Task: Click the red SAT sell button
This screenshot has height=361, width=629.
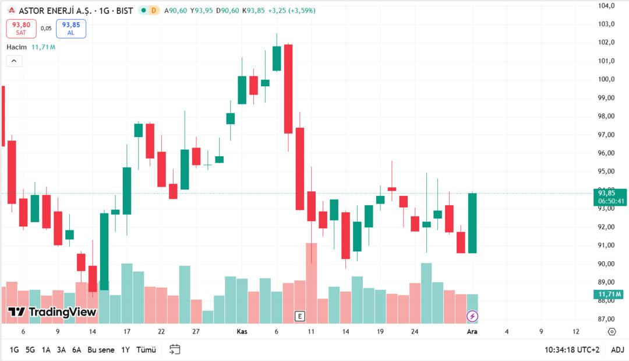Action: pyautogui.click(x=21, y=29)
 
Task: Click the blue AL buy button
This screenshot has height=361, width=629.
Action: pyautogui.click(x=71, y=29)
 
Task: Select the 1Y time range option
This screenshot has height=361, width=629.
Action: pyautogui.click(x=125, y=350)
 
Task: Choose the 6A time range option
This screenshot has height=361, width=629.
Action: pyautogui.click(x=76, y=350)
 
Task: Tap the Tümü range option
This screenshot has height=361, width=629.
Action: pyautogui.click(x=146, y=350)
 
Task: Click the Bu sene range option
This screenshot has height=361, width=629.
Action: pyautogui.click(x=101, y=350)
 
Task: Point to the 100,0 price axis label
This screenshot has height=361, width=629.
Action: pyautogui.click(x=607, y=79)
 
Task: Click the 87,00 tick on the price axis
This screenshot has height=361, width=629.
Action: pyautogui.click(x=607, y=319)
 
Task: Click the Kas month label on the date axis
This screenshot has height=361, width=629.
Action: pyautogui.click(x=242, y=331)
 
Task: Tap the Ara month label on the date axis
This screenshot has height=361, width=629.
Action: pyautogui.click(x=472, y=331)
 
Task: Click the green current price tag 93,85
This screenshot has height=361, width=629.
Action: pyautogui.click(x=610, y=197)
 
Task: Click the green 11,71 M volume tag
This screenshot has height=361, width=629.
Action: pyautogui.click(x=610, y=294)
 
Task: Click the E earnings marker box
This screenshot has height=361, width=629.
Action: pyautogui.click(x=300, y=316)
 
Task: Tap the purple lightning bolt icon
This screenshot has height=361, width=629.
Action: pyautogui.click(x=472, y=316)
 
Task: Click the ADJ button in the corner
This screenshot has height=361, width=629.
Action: pyautogui.click(x=617, y=350)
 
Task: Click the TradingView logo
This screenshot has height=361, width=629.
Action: pyautogui.click(x=52, y=312)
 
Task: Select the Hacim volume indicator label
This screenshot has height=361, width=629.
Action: pyautogui.click(x=17, y=47)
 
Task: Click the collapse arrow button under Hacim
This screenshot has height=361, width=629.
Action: pyautogui.click(x=14, y=61)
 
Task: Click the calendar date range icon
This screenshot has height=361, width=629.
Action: pyautogui.click(x=175, y=350)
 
